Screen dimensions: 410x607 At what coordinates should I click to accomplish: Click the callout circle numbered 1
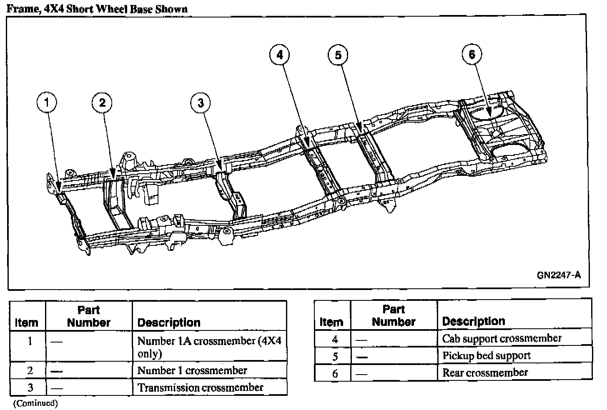coord(47,102)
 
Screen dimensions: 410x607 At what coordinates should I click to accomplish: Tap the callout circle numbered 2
coord(102,102)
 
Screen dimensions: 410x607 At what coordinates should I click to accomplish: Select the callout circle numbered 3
coord(201,102)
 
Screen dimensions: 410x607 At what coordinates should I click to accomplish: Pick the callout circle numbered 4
coord(279,55)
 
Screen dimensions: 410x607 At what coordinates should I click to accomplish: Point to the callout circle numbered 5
coord(338,55)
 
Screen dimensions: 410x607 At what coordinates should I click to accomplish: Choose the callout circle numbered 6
coord(472,55)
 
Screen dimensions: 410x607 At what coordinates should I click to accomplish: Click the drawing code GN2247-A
coord(558,275)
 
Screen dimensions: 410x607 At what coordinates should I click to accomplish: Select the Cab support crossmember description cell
coord(502,338)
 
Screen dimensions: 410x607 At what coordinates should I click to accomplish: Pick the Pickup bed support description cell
coord(487,355)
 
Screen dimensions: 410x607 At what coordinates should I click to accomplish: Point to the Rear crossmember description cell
coord(485,372)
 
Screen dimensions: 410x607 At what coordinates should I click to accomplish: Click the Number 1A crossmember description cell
coord(209,347)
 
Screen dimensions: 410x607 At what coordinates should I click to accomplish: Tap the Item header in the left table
coord(27,322)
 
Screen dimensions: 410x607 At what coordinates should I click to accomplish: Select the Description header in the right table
coord(474,321)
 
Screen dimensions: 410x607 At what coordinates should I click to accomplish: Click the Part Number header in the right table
coord(394,315)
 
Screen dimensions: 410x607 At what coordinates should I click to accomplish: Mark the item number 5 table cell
coord(335,356)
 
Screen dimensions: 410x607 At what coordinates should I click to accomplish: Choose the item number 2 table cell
coord(30,370)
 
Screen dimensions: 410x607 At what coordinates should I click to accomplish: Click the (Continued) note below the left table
coord(36,403)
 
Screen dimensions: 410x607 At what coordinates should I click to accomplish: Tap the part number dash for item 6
coord(362,374)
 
